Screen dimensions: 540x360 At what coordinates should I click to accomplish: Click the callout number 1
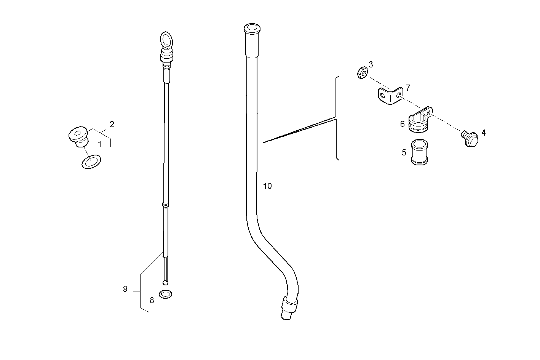[x=99, y=144]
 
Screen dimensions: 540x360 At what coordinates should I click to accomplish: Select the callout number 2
[x=112, y=125]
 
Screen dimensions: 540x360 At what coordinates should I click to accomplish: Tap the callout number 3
[x=371, y=65]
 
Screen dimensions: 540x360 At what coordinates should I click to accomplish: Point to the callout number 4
[x=483, y=133]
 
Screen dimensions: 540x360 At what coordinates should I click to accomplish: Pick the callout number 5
[x=404, y=152]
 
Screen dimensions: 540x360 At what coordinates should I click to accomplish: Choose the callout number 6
[x=403, y=124]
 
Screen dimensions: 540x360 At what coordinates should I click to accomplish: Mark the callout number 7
[x=408, y=88]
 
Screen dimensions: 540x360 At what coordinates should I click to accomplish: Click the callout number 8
[x=152, y=301]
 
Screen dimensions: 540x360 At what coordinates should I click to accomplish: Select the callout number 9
[x=125, y=289]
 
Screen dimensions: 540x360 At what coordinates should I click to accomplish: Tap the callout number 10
[x=267, y=186]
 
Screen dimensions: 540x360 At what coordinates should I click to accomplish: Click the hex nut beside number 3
[x=362, y=73]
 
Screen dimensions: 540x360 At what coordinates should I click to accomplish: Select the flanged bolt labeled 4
[x=470, y=139]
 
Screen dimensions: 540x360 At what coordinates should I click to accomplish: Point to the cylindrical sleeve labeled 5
[x=419, y=152]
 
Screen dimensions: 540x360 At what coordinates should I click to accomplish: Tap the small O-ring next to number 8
[x=165, y=294]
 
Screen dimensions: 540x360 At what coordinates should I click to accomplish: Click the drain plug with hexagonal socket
[x=78, y=136]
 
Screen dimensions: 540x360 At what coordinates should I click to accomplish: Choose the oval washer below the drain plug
[x=91, y=162]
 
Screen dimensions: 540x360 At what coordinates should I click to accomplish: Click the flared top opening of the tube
[x=252, y=29]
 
